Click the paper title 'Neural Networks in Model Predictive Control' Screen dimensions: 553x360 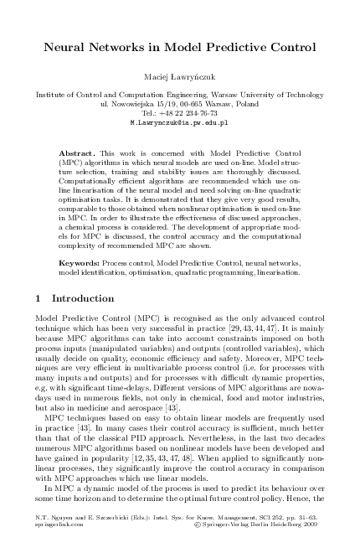(179, 48)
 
